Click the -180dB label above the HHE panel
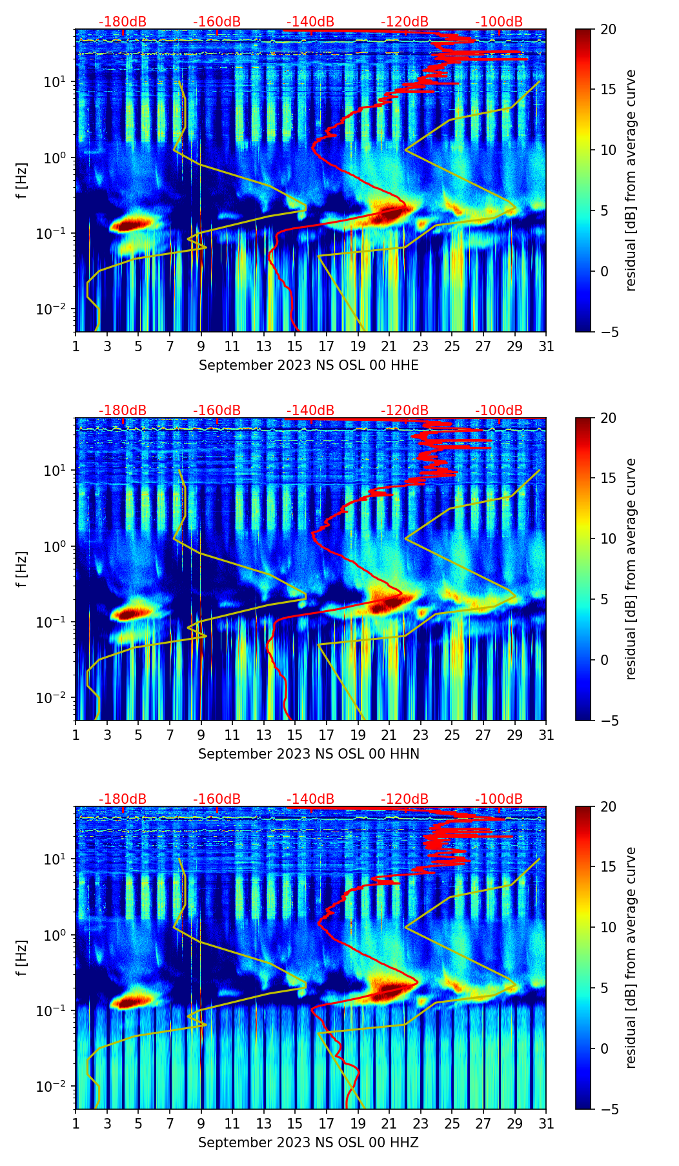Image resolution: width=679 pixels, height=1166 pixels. [123, 22]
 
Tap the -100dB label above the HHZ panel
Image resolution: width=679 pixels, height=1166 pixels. [499, 799]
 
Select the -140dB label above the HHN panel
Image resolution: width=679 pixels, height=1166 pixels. [310, 411]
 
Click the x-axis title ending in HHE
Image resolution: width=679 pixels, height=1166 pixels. [309, 365]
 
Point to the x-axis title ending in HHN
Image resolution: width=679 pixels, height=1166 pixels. [309, 754]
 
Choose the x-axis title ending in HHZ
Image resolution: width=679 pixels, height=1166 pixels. [309, 1143]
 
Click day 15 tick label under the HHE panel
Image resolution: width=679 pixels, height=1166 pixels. [295, 346]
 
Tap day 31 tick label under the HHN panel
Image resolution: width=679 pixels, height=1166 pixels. [545, 735]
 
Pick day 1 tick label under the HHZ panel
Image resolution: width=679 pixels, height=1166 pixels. [76, 1123]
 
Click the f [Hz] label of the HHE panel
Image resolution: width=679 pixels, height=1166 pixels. [22, 181]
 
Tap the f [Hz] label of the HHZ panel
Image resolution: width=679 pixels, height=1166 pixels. [22, 958]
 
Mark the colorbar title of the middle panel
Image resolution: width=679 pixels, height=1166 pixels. [631, 569]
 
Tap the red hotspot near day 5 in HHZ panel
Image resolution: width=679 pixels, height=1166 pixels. [132, 1002]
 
